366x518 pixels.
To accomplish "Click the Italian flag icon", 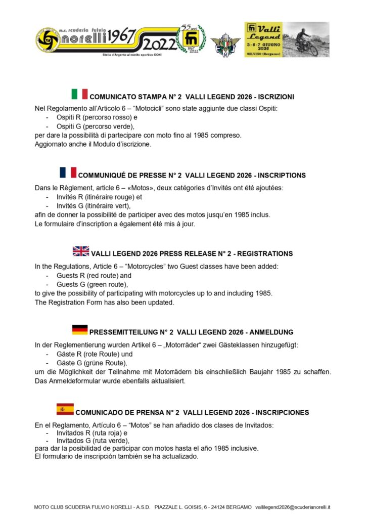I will (79, 94).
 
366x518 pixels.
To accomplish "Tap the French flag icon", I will (68, 172).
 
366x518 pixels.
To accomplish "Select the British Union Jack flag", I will (81, 251).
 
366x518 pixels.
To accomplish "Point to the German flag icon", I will (80, 330).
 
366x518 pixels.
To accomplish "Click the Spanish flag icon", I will (65, 409).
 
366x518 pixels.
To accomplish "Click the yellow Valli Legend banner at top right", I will (287, 39).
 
